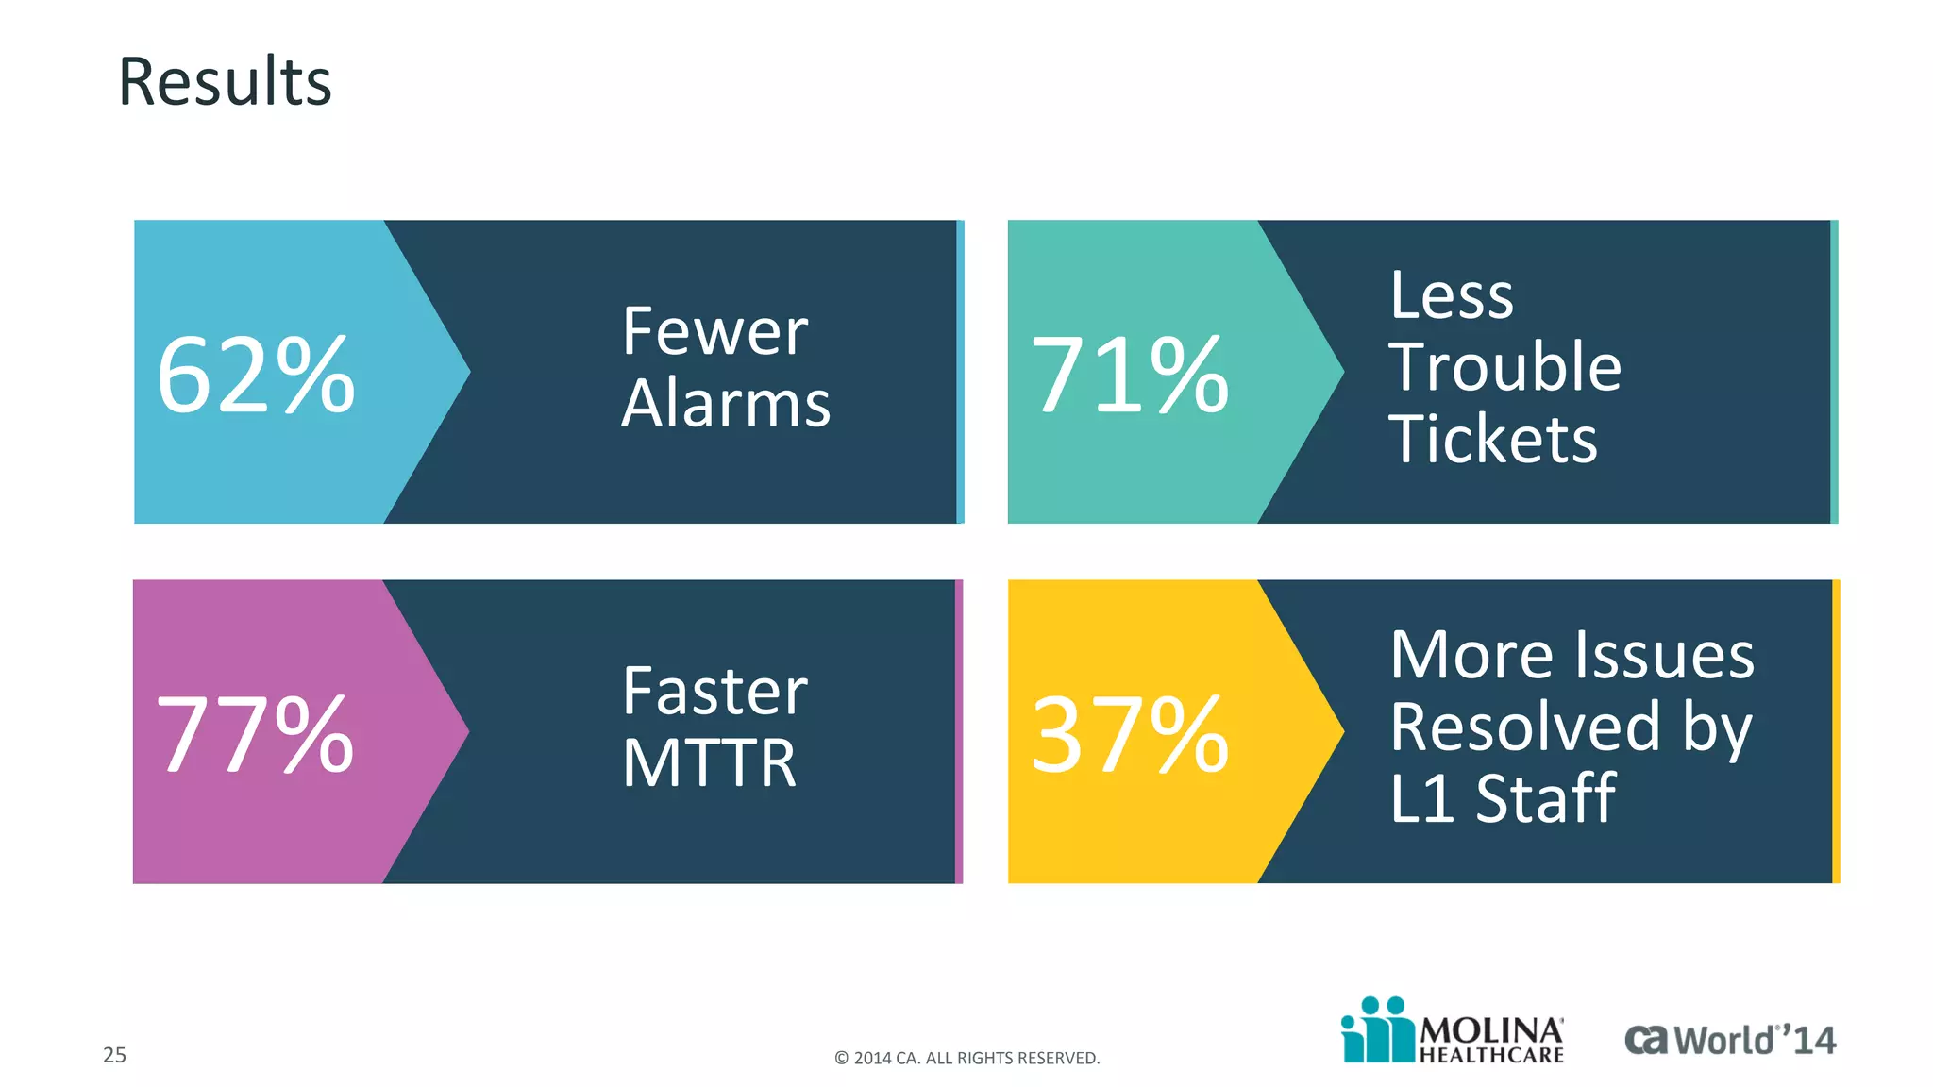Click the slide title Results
pos(225,82)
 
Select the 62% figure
pos(256,376)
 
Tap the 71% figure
pos(1130,376)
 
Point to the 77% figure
pos(255,734)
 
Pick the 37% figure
pos(1130,734)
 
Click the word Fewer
pos(714,332)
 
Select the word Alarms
pos(726,404)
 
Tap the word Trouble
pos(1504,367)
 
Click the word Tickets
pos(1493,440)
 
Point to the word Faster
pos(714,692)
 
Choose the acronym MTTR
pos(709,763)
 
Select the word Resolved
pos(1524,727)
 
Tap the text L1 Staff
pos(1502,799)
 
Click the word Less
pos(1451,295)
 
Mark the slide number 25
pos(114,1055)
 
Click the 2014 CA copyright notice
pos(966,1058)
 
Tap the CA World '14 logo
pos(1729,1040)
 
